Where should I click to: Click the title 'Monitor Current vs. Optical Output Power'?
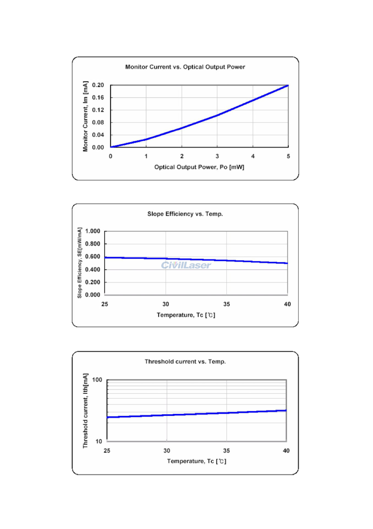(x=185, y=67)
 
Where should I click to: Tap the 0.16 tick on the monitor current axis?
(x=98, y=98)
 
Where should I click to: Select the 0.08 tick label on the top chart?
(x=98, y=122)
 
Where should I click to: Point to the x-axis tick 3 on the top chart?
(x=217, y=156)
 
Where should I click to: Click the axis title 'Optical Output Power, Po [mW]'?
(x=199, y=167)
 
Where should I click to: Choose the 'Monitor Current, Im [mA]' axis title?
(x=85, y=116)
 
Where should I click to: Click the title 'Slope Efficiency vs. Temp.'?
(x=185, y=214)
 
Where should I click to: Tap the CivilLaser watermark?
(x=186, y=265)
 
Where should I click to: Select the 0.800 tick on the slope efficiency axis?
(x=93, y=244)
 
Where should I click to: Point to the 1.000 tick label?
(x=93, y=231)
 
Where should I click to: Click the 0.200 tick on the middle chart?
(x=93, y=282)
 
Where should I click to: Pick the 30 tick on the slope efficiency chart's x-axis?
(x=166, y=304)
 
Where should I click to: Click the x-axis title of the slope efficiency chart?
(x=186, y=315)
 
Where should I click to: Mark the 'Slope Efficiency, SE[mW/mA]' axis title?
(x=79, y=263)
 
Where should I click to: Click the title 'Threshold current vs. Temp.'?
(x=185, y=361)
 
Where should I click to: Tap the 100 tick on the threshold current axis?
(x=97, y=380)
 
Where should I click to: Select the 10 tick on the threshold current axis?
(x=99, y=441)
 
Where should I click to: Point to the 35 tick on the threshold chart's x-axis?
(x=226, y=451)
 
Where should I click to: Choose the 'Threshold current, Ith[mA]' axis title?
(x=85, y=411)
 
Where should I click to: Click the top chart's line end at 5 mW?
(x=288, y=86)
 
